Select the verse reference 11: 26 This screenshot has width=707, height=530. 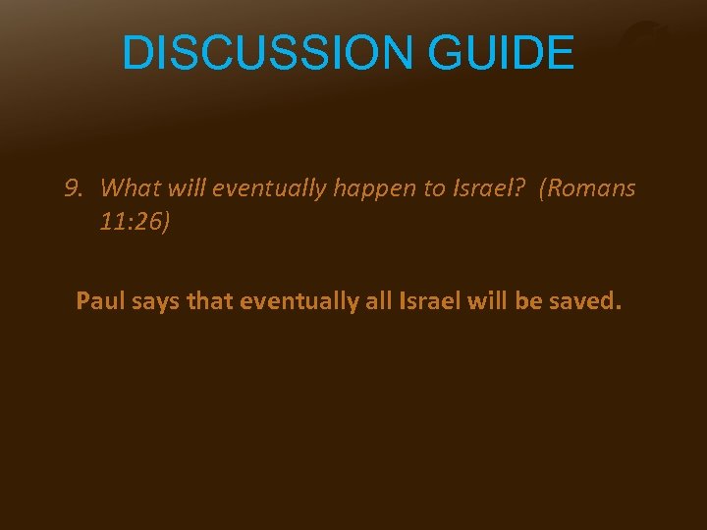pyautogui.click(x=135, y=222)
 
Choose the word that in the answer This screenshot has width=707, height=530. pyautogui.click(x=208, y=300)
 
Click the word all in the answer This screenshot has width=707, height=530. pyautogui.click(x=379, y=300)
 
